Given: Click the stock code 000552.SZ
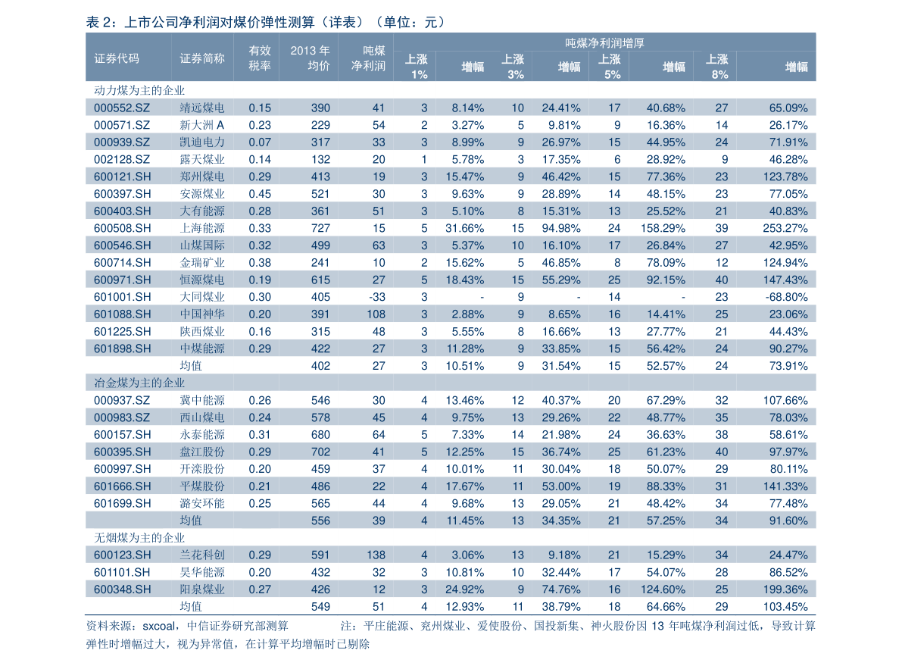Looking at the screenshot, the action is tap(121, 108).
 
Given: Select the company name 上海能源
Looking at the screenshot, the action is tap(202, 228).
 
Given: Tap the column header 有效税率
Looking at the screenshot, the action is tap(260, 58).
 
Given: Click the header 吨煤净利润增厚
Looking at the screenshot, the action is tap(604, 42).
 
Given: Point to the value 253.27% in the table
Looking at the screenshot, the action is tap(785, 228).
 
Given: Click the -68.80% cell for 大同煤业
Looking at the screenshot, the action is tap(786, 297).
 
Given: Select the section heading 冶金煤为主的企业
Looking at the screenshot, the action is tap(139, 383).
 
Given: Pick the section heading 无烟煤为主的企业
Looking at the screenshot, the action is tap(139, 538).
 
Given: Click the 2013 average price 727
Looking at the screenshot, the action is tap(320, 228).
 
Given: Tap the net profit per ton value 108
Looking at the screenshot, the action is tap(376, 314).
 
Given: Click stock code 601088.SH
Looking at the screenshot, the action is tap(123, 314).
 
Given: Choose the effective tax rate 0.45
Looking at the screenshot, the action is tap(260, 194).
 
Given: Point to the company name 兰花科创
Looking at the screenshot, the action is tap(202, 555).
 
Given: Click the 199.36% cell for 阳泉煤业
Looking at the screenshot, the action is tap(785, 589).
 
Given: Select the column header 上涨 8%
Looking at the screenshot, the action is tap(716, 67).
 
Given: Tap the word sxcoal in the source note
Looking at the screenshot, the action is tap(159, 626).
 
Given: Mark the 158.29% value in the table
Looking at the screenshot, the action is tap(663, 228).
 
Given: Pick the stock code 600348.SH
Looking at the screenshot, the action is tap(123, 589).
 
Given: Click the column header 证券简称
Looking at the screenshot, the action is tap(202, 58).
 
